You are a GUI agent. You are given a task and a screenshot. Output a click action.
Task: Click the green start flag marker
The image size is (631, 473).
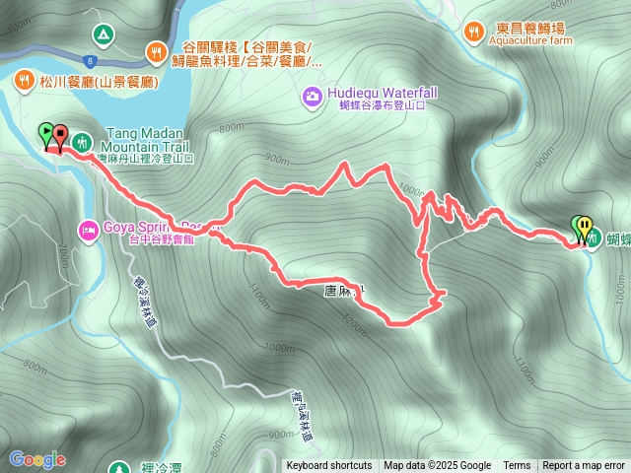45,133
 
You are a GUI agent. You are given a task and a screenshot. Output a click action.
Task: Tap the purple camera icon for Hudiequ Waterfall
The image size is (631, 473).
312,96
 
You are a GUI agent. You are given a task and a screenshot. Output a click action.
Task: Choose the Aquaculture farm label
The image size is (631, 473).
530,42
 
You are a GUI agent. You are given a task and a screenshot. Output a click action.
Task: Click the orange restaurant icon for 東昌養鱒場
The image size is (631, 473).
474,31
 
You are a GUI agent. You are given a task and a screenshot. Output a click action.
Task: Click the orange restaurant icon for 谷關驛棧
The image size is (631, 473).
156,50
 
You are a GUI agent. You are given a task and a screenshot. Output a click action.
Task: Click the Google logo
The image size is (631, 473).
36,458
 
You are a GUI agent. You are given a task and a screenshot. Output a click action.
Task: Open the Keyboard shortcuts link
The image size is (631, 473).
329,466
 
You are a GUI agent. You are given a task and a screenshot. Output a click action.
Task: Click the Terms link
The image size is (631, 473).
517,466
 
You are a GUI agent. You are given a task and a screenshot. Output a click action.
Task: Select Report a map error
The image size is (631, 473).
584,466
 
